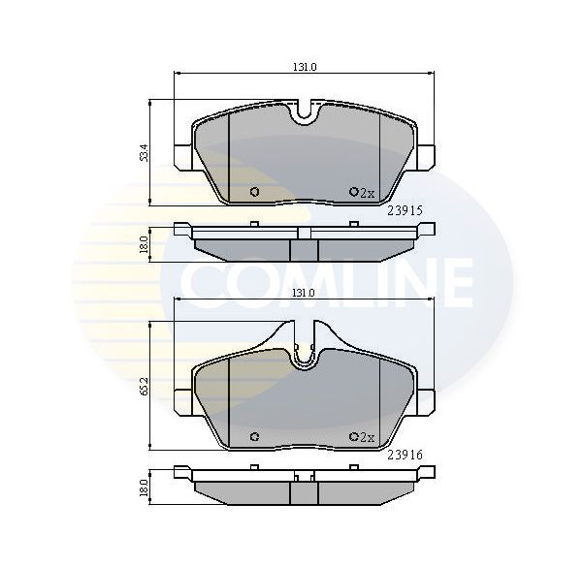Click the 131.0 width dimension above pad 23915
click(x=306, y=67)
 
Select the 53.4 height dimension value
click(x=143, y=152)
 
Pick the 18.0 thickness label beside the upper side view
click(x=143, y=243)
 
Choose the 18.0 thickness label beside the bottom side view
click(x=143, y=488)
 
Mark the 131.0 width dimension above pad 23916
click(x=306, y=293)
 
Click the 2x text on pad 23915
click(x=368, y=193)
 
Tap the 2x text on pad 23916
click(x=368, y=437)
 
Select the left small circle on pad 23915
click(x=254, y=191)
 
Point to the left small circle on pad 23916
click(x=254, y=435)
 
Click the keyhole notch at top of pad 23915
click(x=306, y=114)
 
